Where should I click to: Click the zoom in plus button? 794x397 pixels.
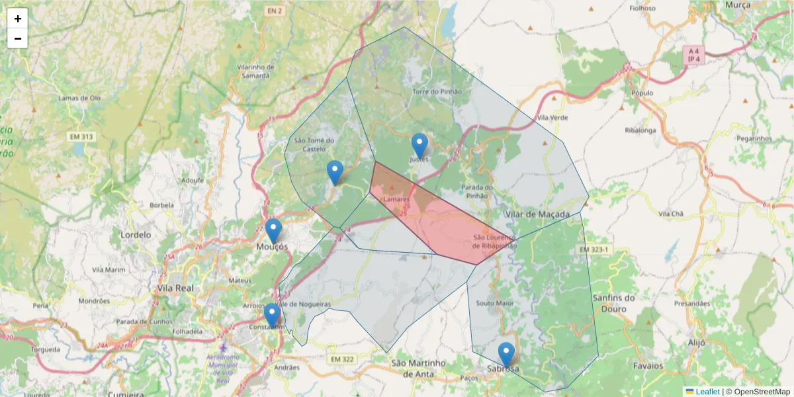18,19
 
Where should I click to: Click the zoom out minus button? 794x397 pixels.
18,38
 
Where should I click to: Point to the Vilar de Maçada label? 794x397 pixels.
537,214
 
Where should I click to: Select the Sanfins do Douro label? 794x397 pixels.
613,302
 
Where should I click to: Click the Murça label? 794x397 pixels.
738,5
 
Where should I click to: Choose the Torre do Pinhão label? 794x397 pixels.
437,91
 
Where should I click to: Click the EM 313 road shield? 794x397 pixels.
82,137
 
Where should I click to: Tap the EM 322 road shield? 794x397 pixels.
341,359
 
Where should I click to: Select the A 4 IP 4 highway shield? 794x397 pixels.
693,55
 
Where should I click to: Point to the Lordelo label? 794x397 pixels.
136,234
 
